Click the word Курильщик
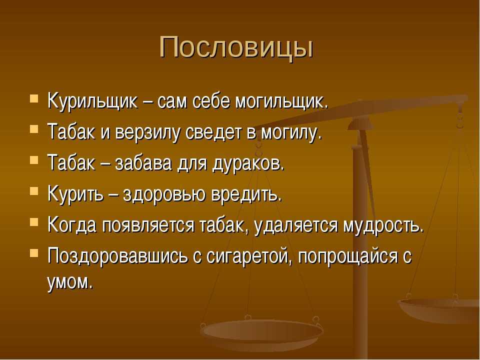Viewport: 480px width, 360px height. [x=93, y=101]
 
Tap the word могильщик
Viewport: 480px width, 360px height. [x=281, y=101]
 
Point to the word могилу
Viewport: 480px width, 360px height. [x=291, y=133]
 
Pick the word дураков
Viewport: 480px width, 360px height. [x=248, y=164]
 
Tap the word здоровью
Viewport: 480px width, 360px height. [x=164, y=194]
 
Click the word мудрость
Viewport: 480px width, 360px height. [x=383, y=225]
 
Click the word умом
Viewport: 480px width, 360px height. [x=70, y=281]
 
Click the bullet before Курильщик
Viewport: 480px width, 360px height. [x=34, y=99]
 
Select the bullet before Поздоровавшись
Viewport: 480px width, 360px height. [x=34, y=253]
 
